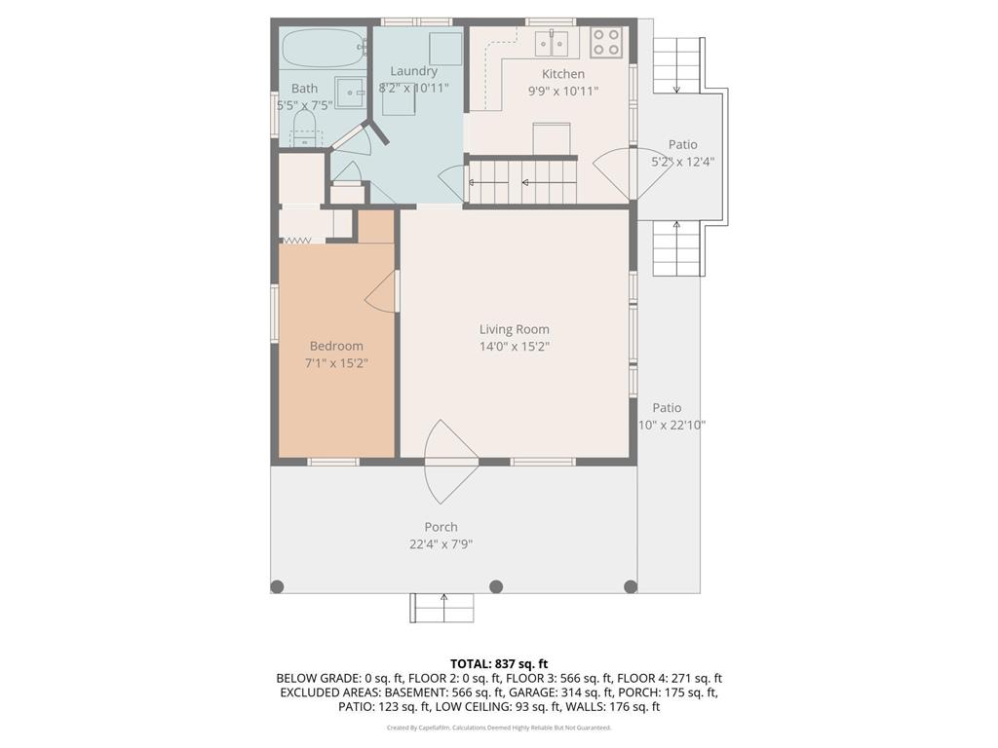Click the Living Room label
tap(514, 329)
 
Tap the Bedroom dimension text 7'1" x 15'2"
tap(336, 363)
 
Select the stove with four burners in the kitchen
tap(606, 42)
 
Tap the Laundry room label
tap(413, 71)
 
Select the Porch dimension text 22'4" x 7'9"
tap(441, 544)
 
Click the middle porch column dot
tap(496, 586)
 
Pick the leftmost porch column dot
tap(277, 586)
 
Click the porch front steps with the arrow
tap(442, 608)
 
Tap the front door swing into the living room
tap(450, 456)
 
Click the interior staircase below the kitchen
tap(523, 181)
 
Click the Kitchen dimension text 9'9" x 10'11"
tap(562, 91)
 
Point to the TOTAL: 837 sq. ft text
tap(499, 663)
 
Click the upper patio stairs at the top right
tap(676, 66)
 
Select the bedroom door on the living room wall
tap(385, 291)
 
